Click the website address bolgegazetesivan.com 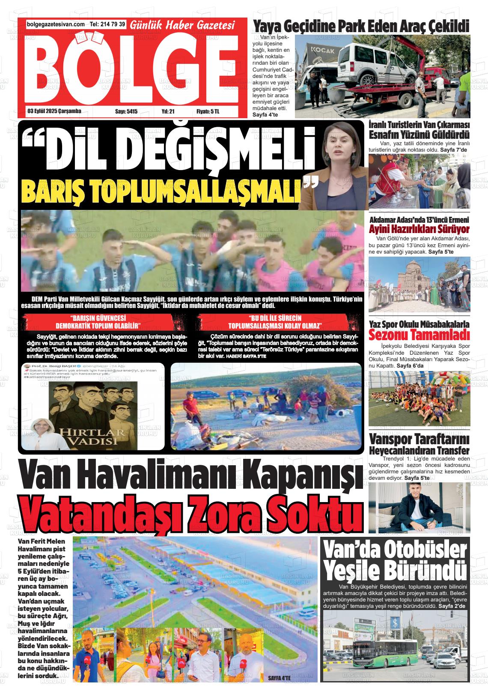(x=56, y=25)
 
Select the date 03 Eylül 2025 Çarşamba (x=54, y=111)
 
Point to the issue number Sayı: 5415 (x=126, y=111)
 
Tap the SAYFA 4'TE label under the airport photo (x=279, y=678)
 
